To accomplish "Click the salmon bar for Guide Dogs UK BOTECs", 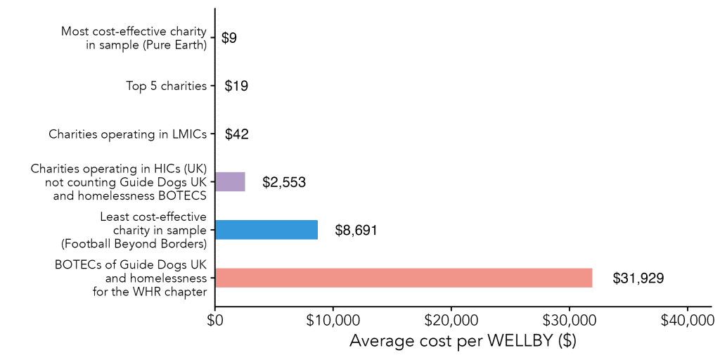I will click(404, 278).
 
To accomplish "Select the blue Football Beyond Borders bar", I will click(266, 230).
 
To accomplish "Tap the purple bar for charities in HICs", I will click(230, 182).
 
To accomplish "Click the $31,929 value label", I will click(638, 278).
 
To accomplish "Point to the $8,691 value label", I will click(356, 231).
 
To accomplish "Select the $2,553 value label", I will click(284, 183).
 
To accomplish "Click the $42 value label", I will click(237, 134).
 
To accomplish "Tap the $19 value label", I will click(236, 86).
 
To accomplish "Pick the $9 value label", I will click(229, 39).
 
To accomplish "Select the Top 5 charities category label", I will click(166, 86).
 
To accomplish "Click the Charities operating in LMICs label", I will click(127, 134).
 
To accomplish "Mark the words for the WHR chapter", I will click(149, 292).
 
